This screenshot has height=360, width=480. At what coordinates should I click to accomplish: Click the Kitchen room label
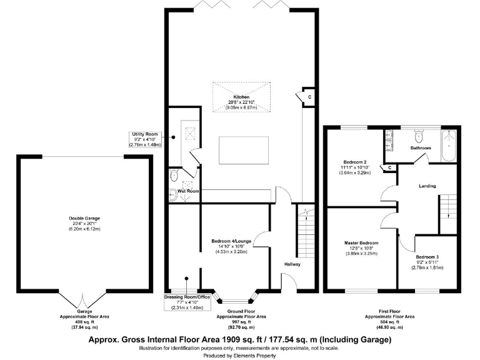tap(241, 97)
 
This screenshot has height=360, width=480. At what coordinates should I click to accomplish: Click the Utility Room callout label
tap(146, 139)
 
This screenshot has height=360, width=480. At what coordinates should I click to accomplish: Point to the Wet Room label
tap(188, 191)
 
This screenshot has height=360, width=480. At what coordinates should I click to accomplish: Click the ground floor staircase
tap(304, 231)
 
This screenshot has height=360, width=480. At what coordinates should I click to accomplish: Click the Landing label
tap(427, 186)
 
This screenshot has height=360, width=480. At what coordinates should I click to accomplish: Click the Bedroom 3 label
tap(427, 257)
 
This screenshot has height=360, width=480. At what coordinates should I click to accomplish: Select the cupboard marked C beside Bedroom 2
tap(391, 167)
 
